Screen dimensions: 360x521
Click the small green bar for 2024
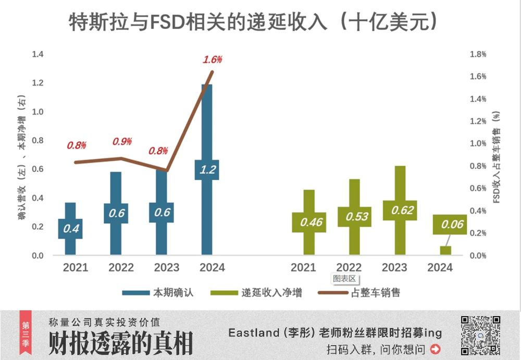[x=445, y=251]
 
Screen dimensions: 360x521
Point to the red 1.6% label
[x=213, y=59]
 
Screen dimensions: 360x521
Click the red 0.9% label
[x=122, y=142]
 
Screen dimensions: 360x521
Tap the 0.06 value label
[x=450, y=224]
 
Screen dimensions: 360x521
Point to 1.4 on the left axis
[x=37, y=54]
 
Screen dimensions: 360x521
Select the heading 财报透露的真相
[x=120, y=343]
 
